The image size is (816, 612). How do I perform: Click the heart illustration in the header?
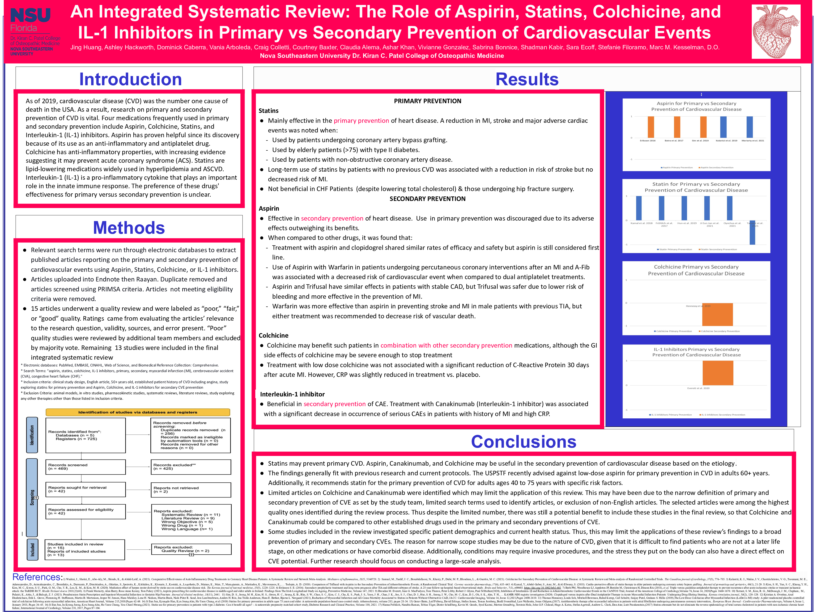click(776, 31)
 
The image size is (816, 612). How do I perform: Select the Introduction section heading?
click(130, 79)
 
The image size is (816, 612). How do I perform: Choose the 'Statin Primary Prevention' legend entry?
click(674, 249)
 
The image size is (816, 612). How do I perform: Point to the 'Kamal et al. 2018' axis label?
click(642, 223)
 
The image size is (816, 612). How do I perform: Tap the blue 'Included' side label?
click(32, 550)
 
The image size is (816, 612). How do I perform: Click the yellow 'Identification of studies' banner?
click(138, 412)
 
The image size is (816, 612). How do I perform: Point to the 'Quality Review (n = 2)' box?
click(191, 549)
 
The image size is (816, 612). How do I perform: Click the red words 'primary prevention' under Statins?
click(361, 121)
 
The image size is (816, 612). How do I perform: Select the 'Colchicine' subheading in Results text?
click(273, 335)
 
